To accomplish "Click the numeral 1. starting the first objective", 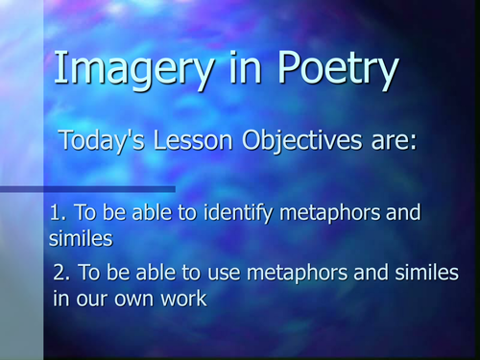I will tap(56, 212).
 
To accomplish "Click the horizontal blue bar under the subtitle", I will tap(86, 189).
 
